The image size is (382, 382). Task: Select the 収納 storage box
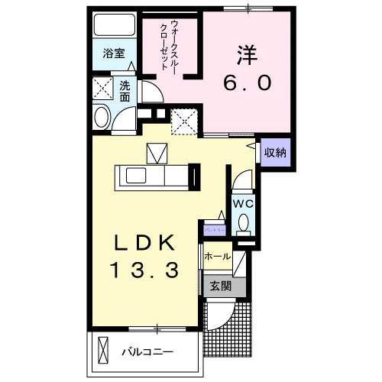(275, 152)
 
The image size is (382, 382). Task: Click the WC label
(243, 204)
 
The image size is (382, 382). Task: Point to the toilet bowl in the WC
(243, 223)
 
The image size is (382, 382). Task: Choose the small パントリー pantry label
(214, 229)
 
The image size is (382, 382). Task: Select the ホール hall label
(218, 257)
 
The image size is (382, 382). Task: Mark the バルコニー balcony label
(147, 352)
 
